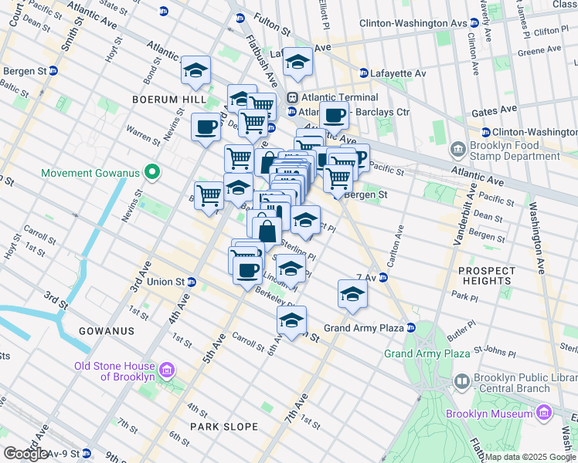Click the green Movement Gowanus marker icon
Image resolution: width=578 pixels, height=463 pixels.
click(x=152, y=172)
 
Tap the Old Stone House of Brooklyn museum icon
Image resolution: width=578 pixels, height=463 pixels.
click(x=165, y=372)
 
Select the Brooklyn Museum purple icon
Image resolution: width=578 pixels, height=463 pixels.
click(x=545, y=413)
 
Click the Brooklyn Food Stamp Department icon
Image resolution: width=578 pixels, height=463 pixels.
click(x=458, y=147)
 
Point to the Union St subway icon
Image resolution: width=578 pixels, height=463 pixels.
click(x=192, y=282)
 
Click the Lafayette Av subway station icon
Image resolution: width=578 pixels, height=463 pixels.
click(x=364, y=73)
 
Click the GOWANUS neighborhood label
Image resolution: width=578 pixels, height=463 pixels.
click(x=107, y=330)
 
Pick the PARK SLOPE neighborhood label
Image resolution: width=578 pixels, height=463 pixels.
click(x=223, y=426)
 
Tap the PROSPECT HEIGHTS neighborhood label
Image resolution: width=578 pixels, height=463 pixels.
click(x=487, y=275)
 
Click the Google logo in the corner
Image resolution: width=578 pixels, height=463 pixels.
click(x=25, y=454)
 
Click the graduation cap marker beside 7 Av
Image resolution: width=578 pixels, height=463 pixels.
click(x=352, y=294)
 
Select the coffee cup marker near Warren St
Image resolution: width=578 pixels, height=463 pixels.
click(x=206, y=127)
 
